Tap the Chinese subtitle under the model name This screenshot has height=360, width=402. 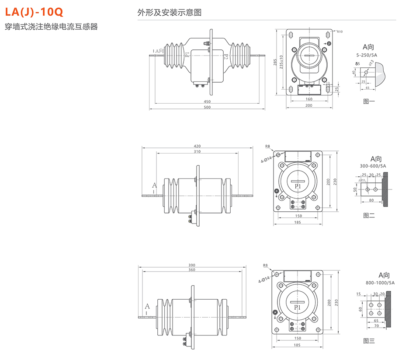(x=51, y=27)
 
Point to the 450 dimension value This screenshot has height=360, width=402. (x=207, y=101)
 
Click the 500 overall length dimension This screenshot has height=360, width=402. (x=207, y=107)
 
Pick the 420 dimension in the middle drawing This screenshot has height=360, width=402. (x=197, y=146)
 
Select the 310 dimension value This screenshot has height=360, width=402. (x=197, y=152)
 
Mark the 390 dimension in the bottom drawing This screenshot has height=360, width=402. (x=192, y=265)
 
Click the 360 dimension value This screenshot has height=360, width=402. (x=192, y=270)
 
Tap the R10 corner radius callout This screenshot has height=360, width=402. (x=340, y=31)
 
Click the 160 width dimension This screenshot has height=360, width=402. (x=308, y=99)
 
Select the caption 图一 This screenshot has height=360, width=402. (x=369, y=101)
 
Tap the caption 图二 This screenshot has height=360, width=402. (x=369, y=215)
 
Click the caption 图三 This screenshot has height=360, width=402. (x=369, y=340)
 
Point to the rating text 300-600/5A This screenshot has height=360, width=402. (x=373, y=166)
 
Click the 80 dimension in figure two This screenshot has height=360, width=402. (x=371, y=200)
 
